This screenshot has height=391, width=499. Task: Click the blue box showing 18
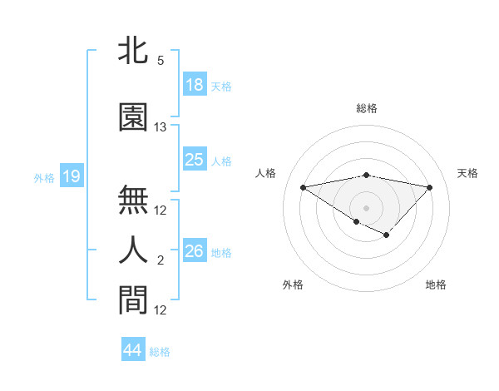195,86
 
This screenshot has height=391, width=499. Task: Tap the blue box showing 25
195,160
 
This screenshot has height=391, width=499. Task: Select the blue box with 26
195,250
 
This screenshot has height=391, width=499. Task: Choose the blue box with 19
71,176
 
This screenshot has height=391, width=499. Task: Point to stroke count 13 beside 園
161,127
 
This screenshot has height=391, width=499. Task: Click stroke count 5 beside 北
161,61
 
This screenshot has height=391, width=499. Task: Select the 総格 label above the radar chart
366,108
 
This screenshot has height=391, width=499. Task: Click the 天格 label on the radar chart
467,173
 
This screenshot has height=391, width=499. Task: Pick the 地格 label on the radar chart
436,285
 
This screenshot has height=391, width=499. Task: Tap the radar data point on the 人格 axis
303,186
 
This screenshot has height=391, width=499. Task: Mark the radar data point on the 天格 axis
429,186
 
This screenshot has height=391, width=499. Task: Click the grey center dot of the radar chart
366,207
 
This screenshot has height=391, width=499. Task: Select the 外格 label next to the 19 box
44,177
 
